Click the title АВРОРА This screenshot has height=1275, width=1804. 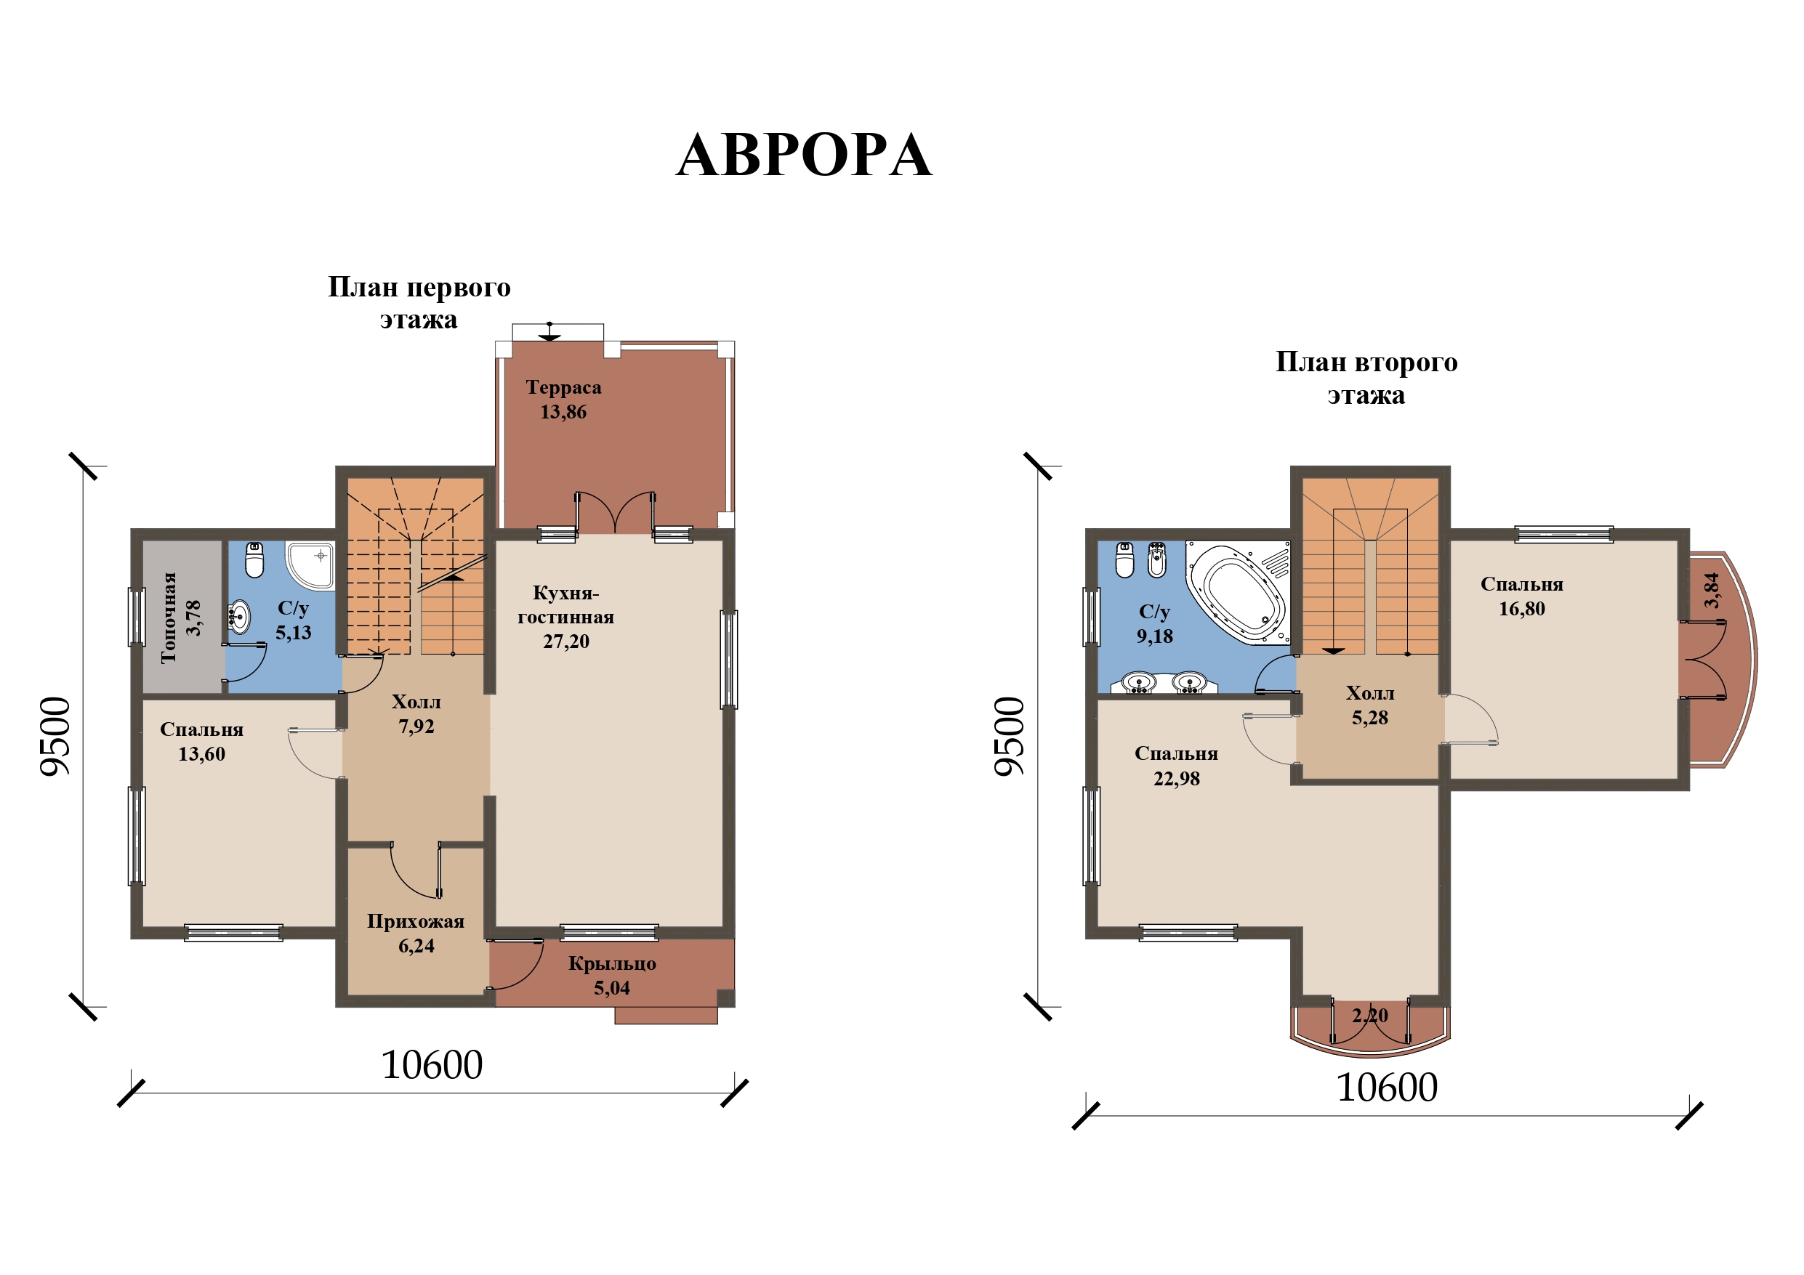point(804,155)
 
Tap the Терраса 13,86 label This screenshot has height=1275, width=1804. point(563,399)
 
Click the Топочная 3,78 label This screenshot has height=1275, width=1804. point(181,618)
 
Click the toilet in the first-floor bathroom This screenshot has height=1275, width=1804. point(254,559)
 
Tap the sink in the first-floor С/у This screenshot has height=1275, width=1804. point(239,617)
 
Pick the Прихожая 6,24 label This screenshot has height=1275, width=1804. point(416,934)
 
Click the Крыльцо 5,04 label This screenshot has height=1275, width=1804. point(612,976)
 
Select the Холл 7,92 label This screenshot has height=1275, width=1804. point(416,714)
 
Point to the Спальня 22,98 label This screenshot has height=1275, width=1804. point(1176,766)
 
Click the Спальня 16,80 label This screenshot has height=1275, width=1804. point(1522,596)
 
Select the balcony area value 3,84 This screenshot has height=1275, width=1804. point(1712,590)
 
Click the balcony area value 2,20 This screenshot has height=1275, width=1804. point(1370,1015)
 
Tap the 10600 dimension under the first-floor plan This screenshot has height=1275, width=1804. point(432,1065)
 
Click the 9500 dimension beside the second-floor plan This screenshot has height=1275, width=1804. point(1010,736)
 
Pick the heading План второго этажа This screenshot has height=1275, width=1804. point(1366,378)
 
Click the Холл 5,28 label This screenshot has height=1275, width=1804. point(1370,705)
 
